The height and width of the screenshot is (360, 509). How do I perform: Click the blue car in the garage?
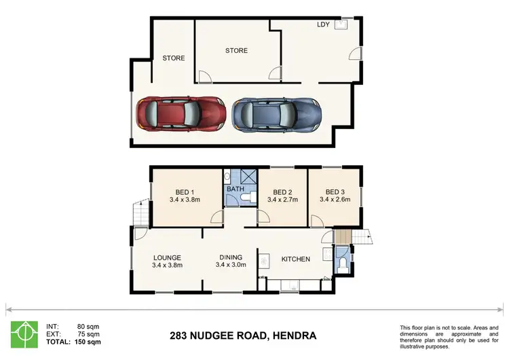276,113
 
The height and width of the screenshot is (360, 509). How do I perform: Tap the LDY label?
323,25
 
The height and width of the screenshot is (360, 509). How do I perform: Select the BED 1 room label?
181,192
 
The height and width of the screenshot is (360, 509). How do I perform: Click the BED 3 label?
335,192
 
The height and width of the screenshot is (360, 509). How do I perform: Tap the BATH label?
235,189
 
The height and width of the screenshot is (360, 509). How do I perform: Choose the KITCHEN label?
296,259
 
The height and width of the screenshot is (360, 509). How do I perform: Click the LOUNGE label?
166,257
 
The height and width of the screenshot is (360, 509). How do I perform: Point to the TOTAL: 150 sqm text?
74,342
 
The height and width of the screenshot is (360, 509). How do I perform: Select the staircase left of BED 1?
140,214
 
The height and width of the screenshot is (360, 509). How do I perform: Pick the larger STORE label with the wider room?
237,50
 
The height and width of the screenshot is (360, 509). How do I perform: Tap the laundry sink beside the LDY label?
343,25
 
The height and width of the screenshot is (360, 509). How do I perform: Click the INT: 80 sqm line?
73,327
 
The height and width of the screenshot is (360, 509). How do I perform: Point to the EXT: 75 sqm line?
73,334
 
